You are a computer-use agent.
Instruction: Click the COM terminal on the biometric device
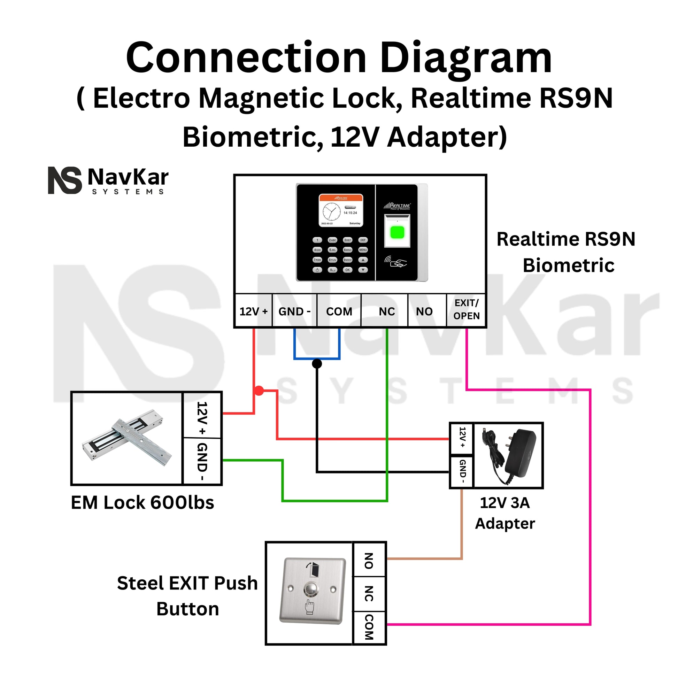pyautogui.click(x=339, y=311)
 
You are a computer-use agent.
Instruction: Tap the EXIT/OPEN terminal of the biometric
pyautogui.click(x=466, y=309)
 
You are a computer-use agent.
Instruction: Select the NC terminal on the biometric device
pyautogui.click(x=386, y=311)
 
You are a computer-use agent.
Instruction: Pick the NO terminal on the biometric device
pyautogui.click(x=424, y=311)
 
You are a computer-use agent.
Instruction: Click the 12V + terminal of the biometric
pyautogui.click(x=253, y=311)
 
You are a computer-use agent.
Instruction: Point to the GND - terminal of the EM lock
pyautogui.click(x=202, y=462)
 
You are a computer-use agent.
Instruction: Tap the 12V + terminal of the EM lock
pyautogui.click(x=202, y=418)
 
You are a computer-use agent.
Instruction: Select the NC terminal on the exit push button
pyautogui.click(x=369, y=593)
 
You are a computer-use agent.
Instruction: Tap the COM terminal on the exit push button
pyautogui.click(x=369, y=627)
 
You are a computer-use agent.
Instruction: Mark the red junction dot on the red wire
pyautogui.click(x=259, y=391)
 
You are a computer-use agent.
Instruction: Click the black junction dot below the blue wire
pyautogui.click(x=317, y=364)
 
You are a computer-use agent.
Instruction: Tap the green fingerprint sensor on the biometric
pyautogui.click(x=397, y=232)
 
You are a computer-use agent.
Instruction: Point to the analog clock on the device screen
pyautogui.click(x=331, y=212)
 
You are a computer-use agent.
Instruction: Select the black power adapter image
pyautogui.click(x=509, y=455)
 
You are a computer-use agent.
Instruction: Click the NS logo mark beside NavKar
pyautogui.click(x=64, y=180)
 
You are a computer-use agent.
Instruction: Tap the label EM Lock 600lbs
pyautogui.click(x=142, y=502)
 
